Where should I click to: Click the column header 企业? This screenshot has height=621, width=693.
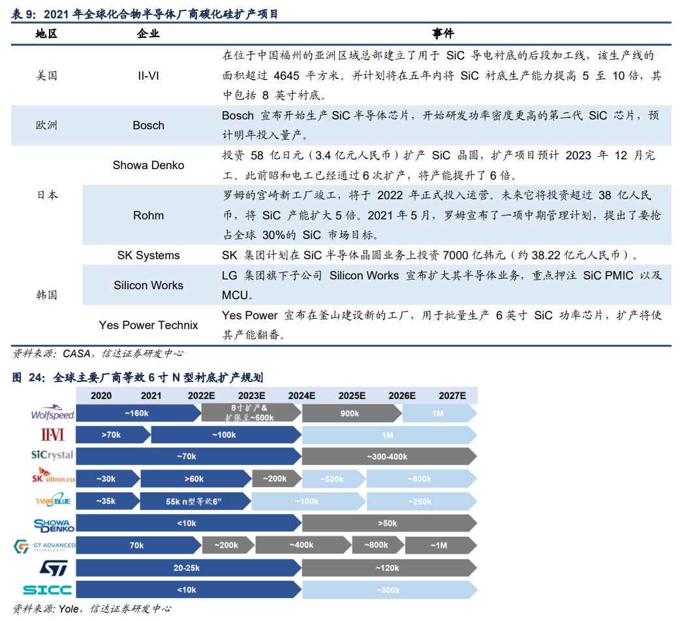[x=148, y=33]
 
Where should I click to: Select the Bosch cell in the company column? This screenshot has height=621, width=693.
[x=148, y=125]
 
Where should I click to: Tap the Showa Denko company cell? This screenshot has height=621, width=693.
[x=148, y=165]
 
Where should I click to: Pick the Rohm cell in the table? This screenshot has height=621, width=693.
[x=148, y=215]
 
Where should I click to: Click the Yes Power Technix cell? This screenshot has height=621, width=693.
[x=148, y=325]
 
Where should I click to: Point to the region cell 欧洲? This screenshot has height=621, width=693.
[x=46, y=125]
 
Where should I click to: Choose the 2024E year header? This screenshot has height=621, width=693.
[x=301, y=396]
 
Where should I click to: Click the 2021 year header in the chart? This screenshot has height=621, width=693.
[x=151, y=396]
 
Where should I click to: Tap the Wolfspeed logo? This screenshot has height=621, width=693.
[x=53, y=414]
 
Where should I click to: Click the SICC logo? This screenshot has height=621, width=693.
[x=48, y=590]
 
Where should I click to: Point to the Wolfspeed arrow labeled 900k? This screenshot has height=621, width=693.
[x=350, y=413]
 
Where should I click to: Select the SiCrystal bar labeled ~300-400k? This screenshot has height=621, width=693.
[x=388, y=456]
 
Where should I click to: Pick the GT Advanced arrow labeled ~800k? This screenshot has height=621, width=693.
[x=376, y=545]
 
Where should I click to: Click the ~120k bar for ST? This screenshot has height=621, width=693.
[x=388, y=568]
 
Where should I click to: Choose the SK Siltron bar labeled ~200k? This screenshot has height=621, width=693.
[x=275, y=479]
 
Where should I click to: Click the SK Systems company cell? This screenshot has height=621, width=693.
[x=148, y=255]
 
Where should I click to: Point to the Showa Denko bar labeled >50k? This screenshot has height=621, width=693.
[x=388, y=523]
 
